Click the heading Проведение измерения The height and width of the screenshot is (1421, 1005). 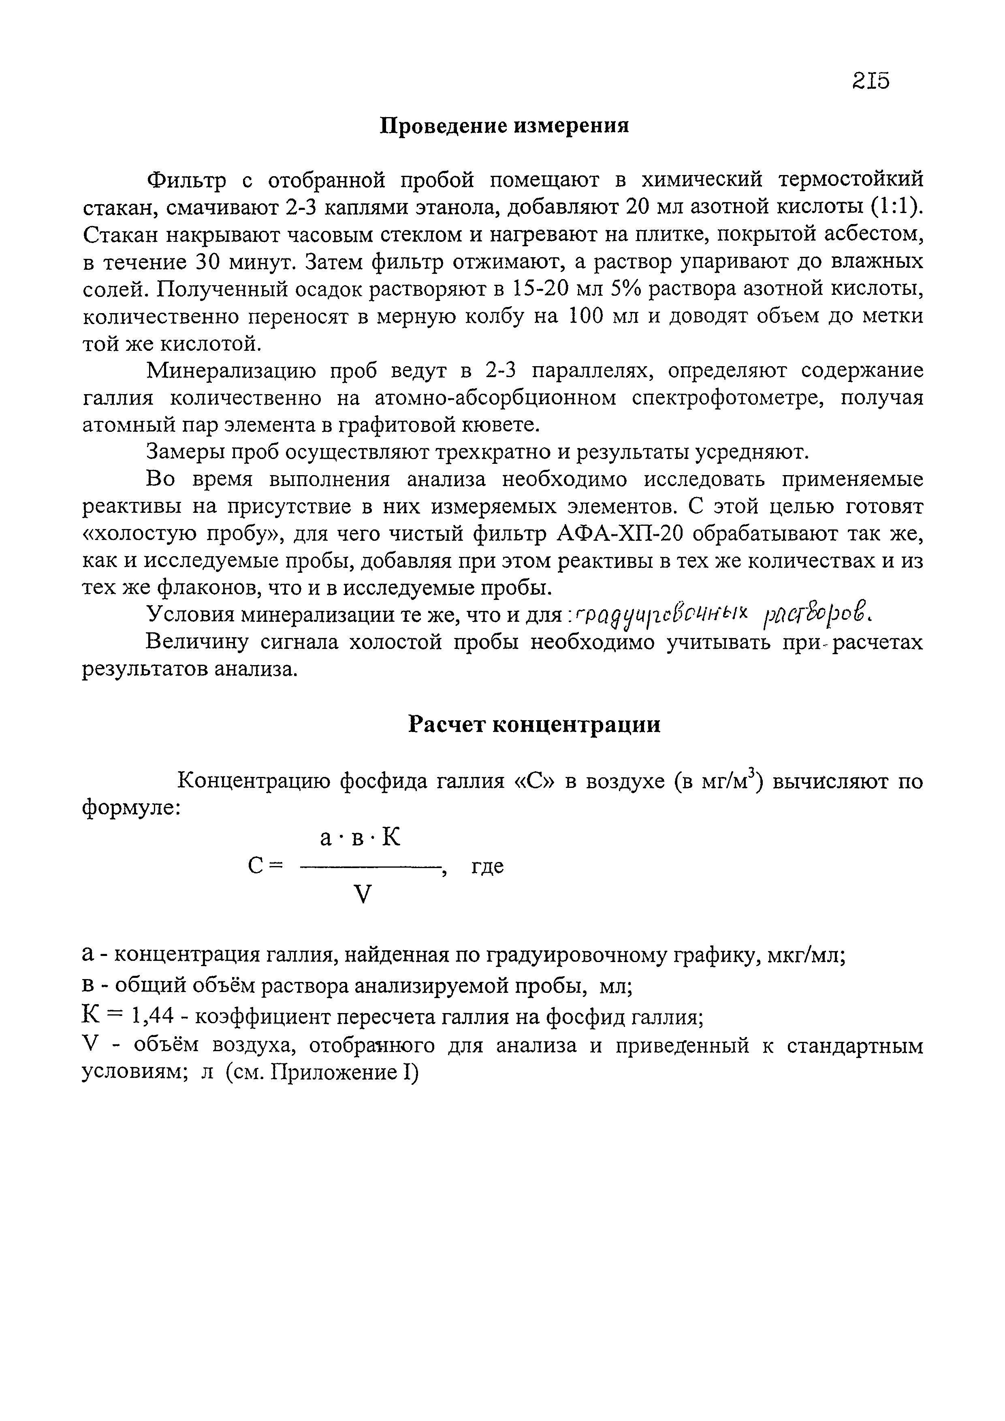click(x=504, y=126)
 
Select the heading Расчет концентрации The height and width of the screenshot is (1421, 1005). click(x=534, y=724)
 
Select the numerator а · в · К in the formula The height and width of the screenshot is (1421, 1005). click(x=361, y=838)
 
